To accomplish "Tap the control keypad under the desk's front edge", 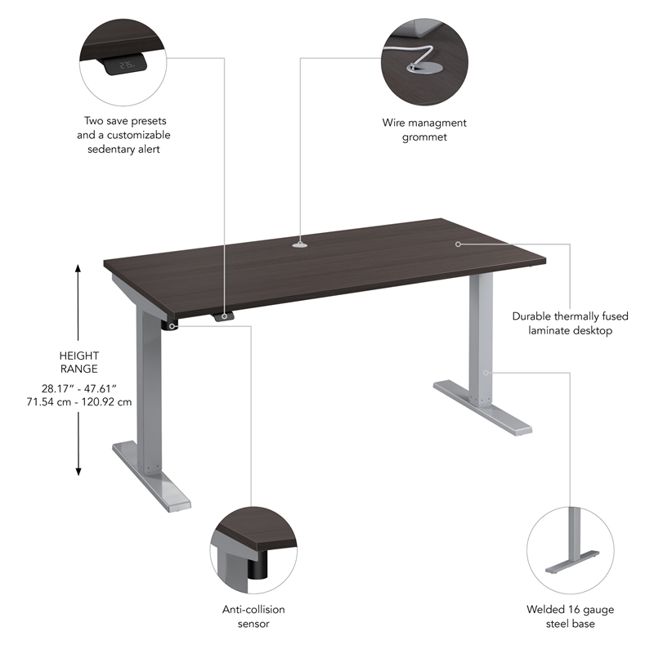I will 223,316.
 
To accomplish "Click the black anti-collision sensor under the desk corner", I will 172,325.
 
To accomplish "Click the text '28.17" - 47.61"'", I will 79,388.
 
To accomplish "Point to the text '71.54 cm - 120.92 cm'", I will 79,402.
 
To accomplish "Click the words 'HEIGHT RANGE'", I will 79,362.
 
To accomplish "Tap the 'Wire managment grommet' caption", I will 424,130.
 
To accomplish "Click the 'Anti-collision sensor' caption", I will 253,616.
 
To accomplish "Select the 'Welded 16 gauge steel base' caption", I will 571,616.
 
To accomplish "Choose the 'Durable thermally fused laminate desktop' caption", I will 562,323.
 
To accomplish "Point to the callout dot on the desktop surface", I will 458,244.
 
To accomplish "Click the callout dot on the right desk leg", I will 486,372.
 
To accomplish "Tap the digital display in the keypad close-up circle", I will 127,65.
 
